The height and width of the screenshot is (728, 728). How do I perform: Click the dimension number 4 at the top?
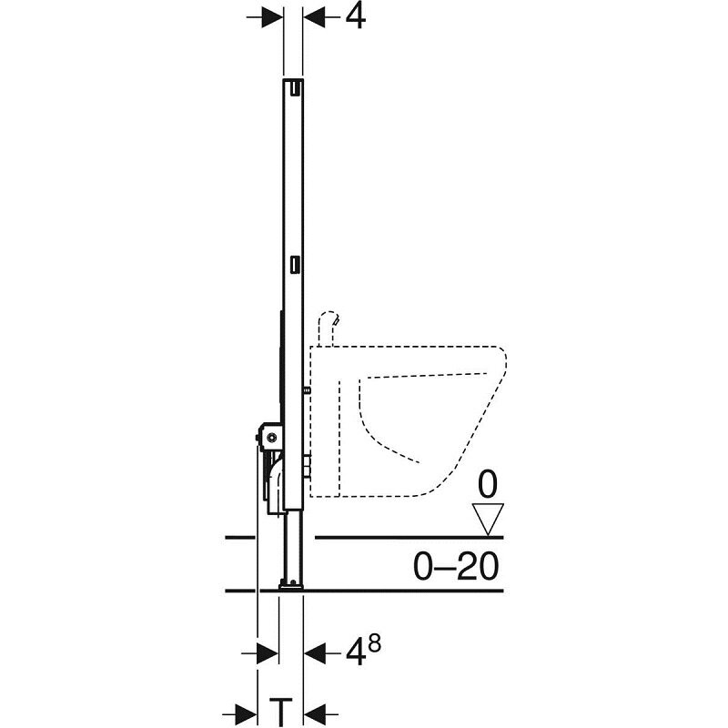[355, 17]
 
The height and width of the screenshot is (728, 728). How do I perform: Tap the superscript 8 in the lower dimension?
[373, 645]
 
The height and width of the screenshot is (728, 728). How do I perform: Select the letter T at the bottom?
[280, 712]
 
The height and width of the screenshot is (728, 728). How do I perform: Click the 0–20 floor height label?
[456, 566]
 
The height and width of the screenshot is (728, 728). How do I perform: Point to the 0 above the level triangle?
[488, 485]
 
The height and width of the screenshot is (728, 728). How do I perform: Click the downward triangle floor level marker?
[488, 519]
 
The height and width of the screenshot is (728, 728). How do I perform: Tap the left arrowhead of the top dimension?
[272, 17]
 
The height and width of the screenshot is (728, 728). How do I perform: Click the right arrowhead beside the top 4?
[314, 17]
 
